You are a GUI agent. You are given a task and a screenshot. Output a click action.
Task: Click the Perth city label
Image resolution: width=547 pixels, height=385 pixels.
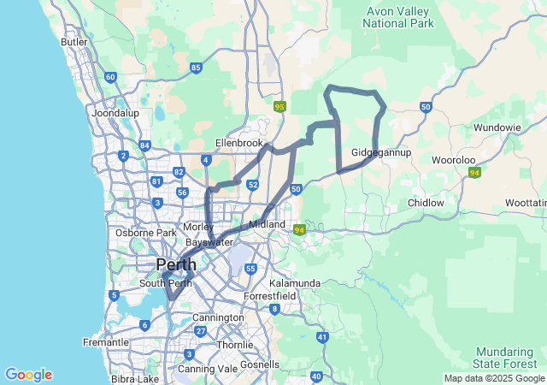click(x=175, y=264)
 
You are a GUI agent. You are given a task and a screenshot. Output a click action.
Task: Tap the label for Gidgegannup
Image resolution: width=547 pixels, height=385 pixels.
click(x=381, y=152)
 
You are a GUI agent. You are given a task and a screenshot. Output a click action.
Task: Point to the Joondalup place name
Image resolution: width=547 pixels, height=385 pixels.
click(x=115, y=112)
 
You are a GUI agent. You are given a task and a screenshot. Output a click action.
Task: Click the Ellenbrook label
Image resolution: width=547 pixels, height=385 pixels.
click(x=238, y=143)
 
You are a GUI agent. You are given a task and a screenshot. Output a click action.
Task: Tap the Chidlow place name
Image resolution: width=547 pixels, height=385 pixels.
click(x=426, y=203)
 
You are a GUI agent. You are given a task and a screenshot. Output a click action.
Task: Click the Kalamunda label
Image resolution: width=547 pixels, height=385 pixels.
click(x=294, y=282)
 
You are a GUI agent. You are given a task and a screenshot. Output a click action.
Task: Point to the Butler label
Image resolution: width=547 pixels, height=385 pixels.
click(x=75, y=41)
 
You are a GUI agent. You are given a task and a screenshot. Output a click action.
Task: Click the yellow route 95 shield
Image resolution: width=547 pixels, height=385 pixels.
click(x=279, y=107)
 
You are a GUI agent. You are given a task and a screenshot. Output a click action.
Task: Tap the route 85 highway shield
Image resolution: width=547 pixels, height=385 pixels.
click(x=197, y=68)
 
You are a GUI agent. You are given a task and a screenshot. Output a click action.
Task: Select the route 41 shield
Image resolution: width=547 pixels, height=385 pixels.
click(x=322, y=337)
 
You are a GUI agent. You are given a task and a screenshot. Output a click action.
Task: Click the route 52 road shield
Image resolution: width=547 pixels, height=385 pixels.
click(x=253, y=184)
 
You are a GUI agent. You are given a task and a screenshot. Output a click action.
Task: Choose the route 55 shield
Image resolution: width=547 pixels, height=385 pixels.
click(x=250, y=269)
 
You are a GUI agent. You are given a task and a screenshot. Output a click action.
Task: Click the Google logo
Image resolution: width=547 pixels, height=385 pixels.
click(x=28, y=375)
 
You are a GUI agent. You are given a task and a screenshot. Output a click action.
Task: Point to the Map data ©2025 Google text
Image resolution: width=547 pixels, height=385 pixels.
click(x=494, y=378)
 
